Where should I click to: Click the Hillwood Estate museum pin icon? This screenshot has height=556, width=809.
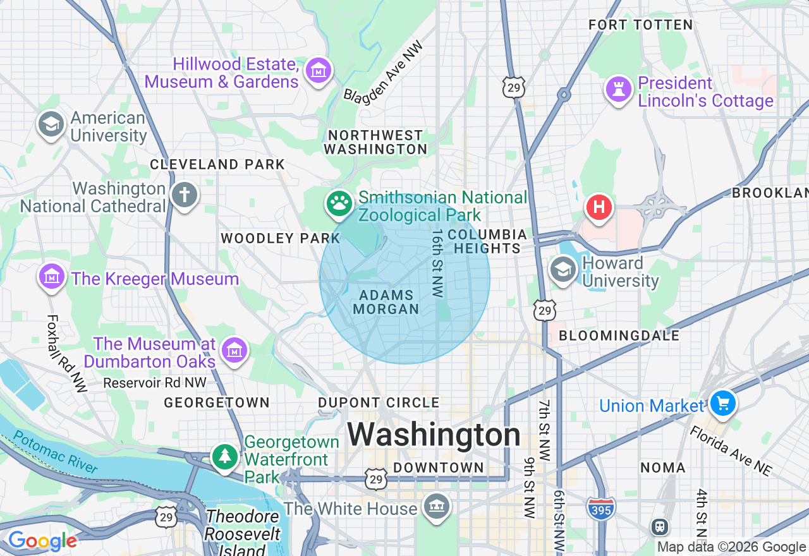click(319, 70)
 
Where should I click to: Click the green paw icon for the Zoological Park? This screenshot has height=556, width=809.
click(339, 203)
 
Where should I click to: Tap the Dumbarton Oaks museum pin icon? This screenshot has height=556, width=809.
click(234, 349)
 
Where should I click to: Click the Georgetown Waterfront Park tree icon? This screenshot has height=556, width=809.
click(224, 456)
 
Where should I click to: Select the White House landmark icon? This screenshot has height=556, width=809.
click(437, 506)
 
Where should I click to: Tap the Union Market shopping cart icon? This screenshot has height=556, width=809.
click(722, 403)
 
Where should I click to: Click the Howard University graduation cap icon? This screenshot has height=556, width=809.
click(563, 270)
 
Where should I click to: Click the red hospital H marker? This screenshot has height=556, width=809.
click(599, 207)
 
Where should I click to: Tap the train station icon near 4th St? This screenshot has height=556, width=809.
click(660, 526)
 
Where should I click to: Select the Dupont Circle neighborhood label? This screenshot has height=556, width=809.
click(379, 402)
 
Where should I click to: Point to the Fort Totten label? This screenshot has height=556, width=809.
click(640, 25)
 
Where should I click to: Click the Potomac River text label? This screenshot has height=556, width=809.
click(56, 452)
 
